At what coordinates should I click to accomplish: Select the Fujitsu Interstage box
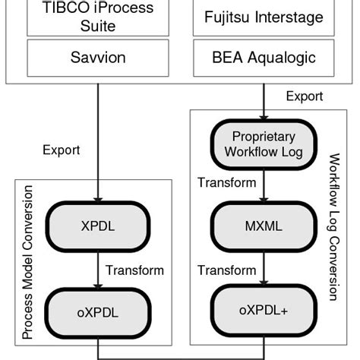click(x=264, y=17)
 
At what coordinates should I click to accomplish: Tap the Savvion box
click(x=98, y=57)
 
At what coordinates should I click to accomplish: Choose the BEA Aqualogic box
click(x=264, y=57)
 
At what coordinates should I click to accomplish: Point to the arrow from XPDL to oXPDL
click(x=98, y=270)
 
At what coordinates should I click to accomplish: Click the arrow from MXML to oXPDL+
click(x=264, y=270)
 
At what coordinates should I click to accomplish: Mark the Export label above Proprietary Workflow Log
click(x=305, y=96)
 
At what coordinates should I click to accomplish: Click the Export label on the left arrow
click(x=62, y=150)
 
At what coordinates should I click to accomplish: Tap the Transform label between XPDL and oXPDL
click(x=134, y=270)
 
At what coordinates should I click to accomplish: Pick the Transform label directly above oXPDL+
click(x=226, y=270)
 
